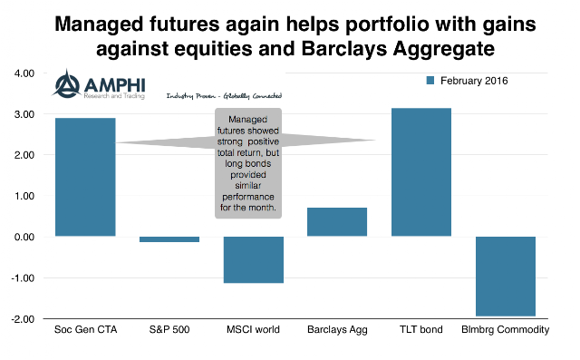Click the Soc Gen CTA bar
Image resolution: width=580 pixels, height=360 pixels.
tap(85, 177)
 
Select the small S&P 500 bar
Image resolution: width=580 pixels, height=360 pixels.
tap(169, 239)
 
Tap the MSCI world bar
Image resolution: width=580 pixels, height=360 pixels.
tap(254, 259)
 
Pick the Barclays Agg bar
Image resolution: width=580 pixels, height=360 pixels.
tap(337, 222)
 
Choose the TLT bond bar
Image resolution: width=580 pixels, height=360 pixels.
tap(421, 172)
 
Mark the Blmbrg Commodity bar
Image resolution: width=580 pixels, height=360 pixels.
tap(506, 277)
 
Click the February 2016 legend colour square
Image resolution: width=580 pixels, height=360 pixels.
tap(430, 81)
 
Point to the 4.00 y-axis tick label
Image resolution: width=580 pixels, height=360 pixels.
tap(24, 73)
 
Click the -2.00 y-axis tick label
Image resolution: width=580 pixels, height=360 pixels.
tap(23, 319)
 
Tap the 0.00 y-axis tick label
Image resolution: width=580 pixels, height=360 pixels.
tap(24, 237)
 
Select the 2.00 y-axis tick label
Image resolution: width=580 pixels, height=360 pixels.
tap(24, 155)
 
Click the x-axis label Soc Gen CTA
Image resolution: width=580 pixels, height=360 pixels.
tap(85, 330)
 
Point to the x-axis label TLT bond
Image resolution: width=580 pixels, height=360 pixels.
tap(420, 330)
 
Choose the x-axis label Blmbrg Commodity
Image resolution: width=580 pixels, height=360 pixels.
tap(506, 330)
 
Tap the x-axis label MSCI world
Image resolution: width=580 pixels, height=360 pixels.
tap(253, 330)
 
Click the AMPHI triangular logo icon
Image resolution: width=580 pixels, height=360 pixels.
tap(66, 84)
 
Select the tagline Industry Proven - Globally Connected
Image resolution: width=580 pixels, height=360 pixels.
tap(224, 96)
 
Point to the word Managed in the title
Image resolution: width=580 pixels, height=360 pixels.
tap(99, 24)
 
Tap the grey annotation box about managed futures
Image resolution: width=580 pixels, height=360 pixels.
tap(248, 163)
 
